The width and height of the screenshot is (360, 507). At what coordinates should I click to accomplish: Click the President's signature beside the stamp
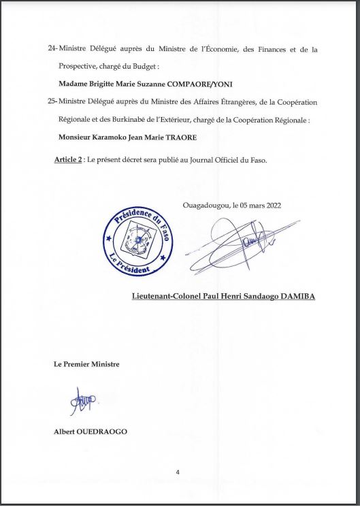[x=248, y=242]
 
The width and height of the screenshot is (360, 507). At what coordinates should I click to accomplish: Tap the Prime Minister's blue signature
[x=82, y=402]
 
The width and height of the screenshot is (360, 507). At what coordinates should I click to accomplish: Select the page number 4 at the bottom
[x=178, y=472]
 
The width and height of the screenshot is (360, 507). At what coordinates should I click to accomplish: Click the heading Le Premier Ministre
[x=86, y=364]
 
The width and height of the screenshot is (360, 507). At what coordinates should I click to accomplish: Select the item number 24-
[x=52, y=50]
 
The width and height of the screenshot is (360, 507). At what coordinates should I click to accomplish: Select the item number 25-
[x=52, y=101]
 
